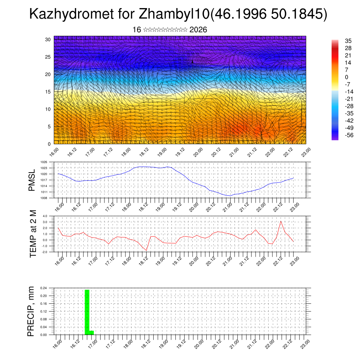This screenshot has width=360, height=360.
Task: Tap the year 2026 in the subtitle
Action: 198,30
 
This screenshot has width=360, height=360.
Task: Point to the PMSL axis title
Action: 32,180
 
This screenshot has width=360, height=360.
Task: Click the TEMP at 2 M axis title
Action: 33,234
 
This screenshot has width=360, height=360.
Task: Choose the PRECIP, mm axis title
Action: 32,311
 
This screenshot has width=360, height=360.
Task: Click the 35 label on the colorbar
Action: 349,41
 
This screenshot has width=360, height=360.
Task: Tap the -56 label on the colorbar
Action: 349,135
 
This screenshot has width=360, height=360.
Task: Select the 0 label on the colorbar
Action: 347,77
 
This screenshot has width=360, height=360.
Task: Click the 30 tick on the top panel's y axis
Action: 48,39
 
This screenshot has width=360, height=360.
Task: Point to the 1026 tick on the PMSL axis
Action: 44,162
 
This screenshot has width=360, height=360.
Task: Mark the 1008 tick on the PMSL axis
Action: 44,198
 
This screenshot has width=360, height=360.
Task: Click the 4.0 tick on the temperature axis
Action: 45,216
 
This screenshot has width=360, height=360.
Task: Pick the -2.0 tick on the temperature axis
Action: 44,252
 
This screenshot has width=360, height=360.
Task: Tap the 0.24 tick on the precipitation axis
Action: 44,288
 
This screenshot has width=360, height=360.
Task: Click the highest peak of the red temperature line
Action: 281,221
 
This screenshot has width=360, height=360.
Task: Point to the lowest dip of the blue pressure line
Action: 229,196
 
